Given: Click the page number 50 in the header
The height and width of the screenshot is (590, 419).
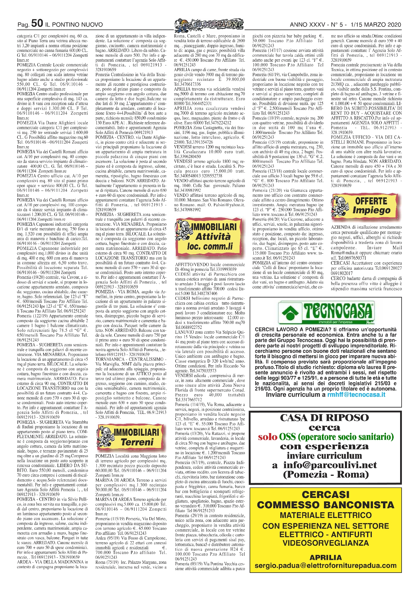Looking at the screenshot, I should coord(37,24).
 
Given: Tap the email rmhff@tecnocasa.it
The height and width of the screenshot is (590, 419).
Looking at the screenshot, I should coord(356,395).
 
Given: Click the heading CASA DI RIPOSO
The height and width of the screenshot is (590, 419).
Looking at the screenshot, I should coord(324,418).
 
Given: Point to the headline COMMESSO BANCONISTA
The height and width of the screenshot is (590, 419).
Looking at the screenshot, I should coord(325,505).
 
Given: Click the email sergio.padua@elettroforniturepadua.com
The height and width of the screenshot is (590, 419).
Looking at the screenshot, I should coord(325,566).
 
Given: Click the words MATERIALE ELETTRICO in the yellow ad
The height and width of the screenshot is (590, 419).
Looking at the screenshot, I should coord(325,515).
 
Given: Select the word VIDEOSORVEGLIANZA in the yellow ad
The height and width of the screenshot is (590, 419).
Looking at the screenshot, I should coord(325,543).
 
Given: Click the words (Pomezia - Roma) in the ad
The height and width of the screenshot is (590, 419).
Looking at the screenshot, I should coord(326,475).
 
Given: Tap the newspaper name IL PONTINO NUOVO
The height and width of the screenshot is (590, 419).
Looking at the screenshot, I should coord(74,25).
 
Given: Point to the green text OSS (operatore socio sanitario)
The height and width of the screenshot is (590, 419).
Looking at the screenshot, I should coord(337,437).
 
